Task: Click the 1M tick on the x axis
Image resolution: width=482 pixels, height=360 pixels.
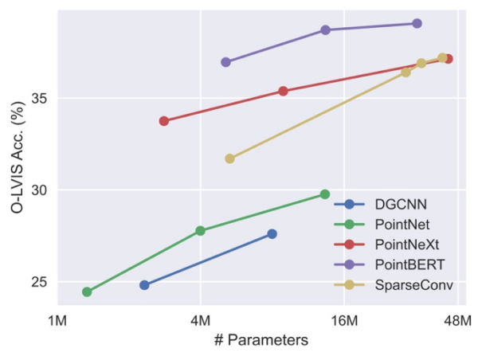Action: click(x=57, y=320)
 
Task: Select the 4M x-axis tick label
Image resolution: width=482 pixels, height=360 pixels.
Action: click(x=200, y=320)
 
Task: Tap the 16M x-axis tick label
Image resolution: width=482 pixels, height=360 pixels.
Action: click(x=343, y=320)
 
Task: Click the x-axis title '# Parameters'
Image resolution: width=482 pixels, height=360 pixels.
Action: click(x=261, y=340)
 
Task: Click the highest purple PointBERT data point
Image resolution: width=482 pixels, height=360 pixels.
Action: click(x=417, y=24)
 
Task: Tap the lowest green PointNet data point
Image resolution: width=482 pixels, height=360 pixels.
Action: click(x=87, y=292)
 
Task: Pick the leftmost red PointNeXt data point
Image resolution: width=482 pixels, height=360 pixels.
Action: click(x=164, y=121)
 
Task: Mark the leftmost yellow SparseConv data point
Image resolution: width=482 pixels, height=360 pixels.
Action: click(x=229, y=158)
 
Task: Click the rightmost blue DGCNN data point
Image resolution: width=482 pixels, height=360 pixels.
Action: click(x=272, y=234)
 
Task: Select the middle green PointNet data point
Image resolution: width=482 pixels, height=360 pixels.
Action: click(x=200, y=231)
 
